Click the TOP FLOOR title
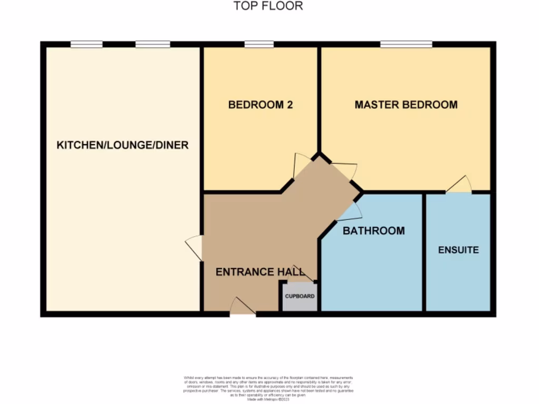click(268, 6)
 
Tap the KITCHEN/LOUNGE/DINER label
click(122, 145)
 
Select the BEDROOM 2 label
click(260, 105)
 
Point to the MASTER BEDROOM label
click(406, 105)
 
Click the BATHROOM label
click(374, 230)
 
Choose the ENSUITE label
click(458, 250)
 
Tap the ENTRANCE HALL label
click(260, 272)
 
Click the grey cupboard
click(300, 297)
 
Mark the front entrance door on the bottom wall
click(243, 308)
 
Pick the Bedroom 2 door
click(301, 165)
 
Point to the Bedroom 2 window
click(255, 44)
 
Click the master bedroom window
click(406, 44)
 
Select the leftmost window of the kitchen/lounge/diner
click(86, 44)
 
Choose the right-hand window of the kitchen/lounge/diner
click(153, 44)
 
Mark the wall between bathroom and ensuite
click(424, 252)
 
